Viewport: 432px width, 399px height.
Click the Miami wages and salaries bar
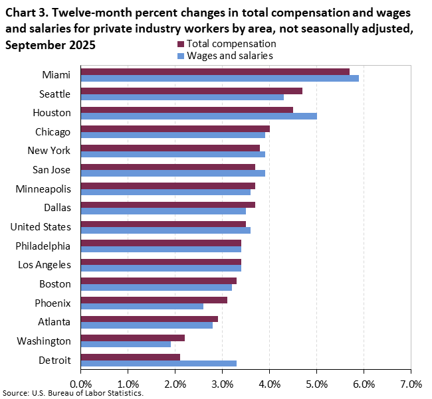(219, 78)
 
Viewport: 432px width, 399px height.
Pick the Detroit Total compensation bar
(130, 357)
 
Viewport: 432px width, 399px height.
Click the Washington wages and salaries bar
(126, 344)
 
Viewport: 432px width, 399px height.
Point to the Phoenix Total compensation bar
(154, 300)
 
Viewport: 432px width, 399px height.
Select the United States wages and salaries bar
(165, 230)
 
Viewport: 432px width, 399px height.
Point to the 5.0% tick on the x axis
(317, 384)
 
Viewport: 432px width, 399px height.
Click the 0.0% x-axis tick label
(80, 384)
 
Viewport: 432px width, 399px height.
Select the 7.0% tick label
(411, 384)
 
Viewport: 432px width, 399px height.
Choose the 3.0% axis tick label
(222, 384)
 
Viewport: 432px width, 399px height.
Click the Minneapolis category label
(43, 189)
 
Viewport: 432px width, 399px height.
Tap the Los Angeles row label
(43, 265)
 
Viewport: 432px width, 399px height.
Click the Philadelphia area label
(43, 246)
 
